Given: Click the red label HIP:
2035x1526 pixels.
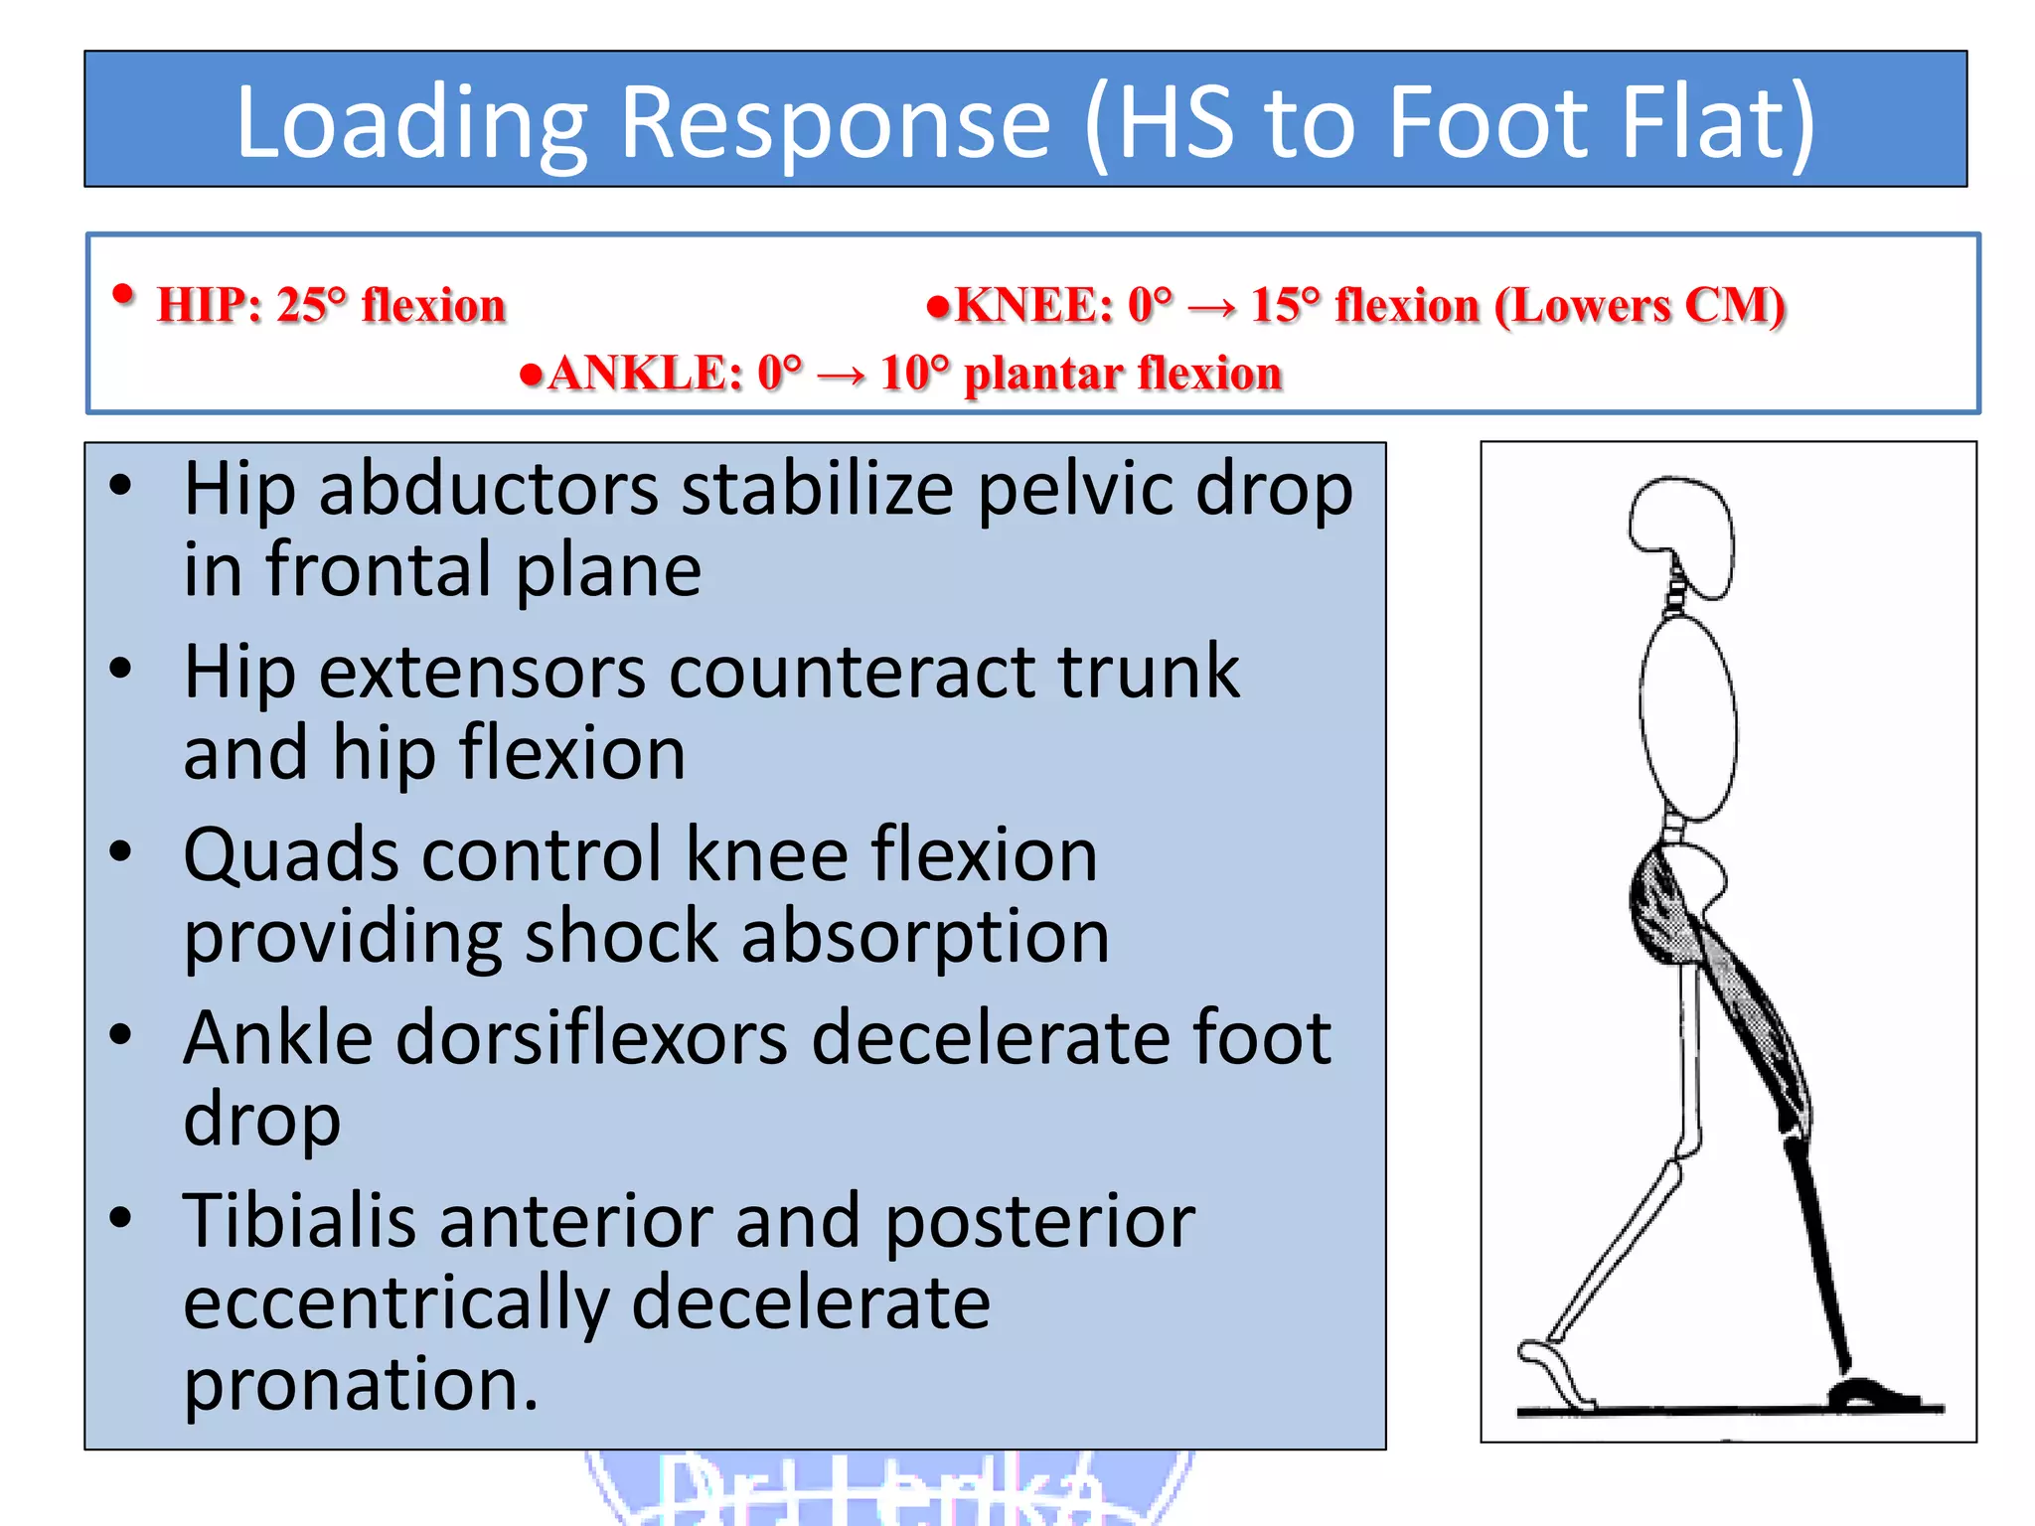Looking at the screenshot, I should (x=210, y=305).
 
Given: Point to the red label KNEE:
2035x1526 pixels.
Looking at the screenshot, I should (x=1033, y=305).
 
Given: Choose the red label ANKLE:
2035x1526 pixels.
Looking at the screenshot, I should (x=645, y=374).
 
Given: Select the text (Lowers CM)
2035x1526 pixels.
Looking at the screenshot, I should (x=1641, y=305).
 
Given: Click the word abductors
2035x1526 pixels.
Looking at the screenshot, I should (x=488, y=489).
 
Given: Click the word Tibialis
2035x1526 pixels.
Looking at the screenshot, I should (x=299, y=1221).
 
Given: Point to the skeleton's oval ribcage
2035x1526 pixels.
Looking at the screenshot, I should (x=1688, y=717).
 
